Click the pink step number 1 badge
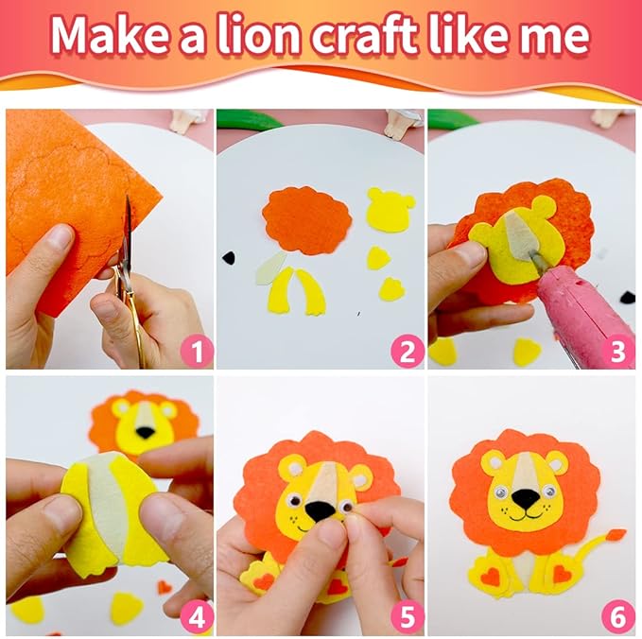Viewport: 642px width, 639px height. click(198, 351)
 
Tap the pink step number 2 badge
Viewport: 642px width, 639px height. click(407, 351)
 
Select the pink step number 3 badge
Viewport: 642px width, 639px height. click(617, 351)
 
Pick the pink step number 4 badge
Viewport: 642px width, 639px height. click(198, 618)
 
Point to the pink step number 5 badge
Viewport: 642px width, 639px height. click(407, 618)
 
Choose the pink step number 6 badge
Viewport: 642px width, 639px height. click(617, 618)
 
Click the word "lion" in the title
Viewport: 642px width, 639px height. click(261, 36)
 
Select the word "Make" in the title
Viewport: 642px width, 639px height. click(110, 36)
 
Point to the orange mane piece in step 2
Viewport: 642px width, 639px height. click(306, 220)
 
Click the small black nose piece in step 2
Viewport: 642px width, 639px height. click(229, 257)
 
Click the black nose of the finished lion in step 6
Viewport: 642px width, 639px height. click(526, 497)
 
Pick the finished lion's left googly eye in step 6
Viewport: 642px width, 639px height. click(502, 491)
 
